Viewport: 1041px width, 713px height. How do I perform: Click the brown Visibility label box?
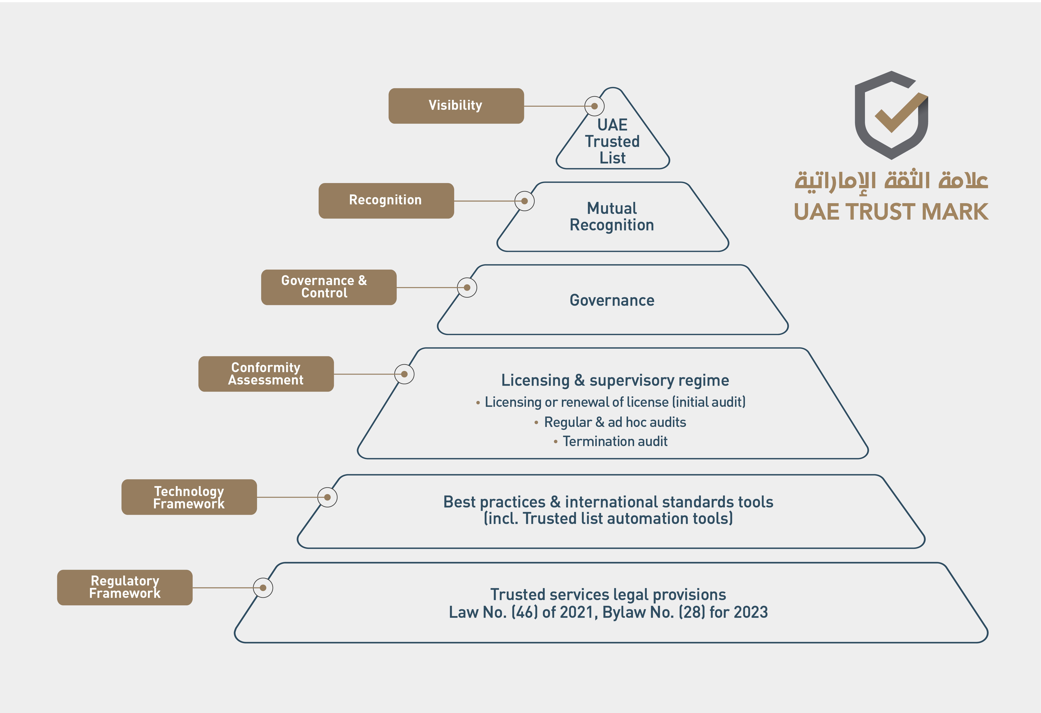(x=456, y=106)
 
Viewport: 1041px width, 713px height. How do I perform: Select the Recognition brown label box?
(x=386, y=201)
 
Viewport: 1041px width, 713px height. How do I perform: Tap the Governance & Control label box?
(x=329, y=287)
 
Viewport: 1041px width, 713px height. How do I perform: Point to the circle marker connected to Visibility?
(x=594, y=106)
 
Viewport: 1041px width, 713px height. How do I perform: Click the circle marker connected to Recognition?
(x=525, y=201)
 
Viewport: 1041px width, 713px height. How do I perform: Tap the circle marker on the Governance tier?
(x=467, y=288)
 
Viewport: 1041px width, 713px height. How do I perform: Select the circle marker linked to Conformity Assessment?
(x=404, y=374)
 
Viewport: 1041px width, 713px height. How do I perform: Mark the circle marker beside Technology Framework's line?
(x=327, y=497)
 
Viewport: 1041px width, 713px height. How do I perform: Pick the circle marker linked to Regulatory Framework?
(x=263, y=588)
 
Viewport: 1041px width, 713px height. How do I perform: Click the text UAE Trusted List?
(x=612, y=141)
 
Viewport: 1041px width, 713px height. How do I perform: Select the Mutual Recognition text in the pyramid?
(x=612, y=216)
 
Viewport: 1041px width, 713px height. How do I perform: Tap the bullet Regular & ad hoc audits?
(x=610, y=422)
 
